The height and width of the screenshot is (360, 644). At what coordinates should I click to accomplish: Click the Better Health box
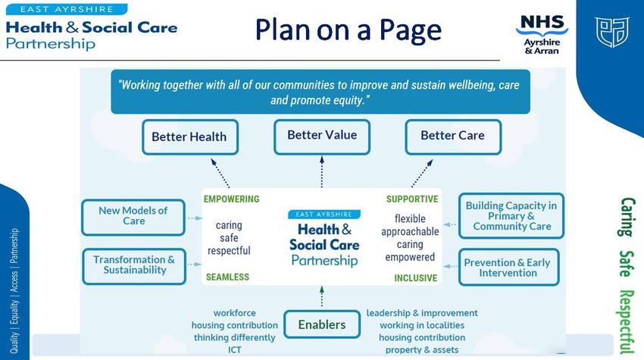click(x=190, y=137)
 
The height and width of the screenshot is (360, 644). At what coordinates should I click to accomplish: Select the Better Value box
click(x=322, y=137)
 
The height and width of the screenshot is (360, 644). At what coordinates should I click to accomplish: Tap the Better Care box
click(x=453, y=137)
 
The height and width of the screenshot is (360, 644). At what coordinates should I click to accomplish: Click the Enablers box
click(x=322, y=324)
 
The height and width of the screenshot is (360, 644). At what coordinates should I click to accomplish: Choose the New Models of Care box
click(x=133, y=218)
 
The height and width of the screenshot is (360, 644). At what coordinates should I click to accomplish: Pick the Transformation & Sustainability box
click(x=134, y=266)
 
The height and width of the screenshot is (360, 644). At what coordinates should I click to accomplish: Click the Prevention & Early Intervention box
click(x=509, y=267)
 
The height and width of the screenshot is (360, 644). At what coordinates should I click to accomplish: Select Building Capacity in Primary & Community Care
click(x=511, y=216)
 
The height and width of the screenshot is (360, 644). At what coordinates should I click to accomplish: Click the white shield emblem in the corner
click(x=612, y=32)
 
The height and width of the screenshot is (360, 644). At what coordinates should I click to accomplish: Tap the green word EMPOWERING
click(x=232, y=199)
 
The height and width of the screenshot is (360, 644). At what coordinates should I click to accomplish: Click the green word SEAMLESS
click(x=227, y=277)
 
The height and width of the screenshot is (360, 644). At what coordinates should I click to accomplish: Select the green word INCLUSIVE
click(x=416, y=278)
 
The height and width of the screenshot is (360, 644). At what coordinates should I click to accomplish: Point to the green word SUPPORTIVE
click(x=412, y=199)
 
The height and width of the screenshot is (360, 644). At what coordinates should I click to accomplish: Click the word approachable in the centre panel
click(x=410, y=232)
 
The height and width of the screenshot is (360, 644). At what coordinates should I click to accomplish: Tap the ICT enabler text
click(x=235, y=349)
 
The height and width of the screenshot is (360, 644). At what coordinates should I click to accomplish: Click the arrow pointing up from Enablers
click(x=322, y=296)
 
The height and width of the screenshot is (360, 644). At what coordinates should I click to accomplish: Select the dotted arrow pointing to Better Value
click(x=322, y=172)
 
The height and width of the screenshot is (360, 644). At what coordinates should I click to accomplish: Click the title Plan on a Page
click(x=349, y=30)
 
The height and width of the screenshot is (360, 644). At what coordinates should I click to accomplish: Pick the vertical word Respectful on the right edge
click(x=627, y=322)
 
